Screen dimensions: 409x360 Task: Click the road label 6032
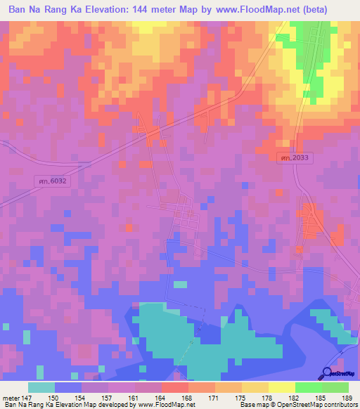coord(51,181)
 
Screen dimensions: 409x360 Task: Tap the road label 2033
coord(292,158)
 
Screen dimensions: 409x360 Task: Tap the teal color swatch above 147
coord(41,387)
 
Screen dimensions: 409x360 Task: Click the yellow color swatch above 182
coord(282,387)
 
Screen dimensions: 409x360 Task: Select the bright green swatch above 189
coord(335,387)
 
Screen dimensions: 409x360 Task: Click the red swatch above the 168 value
coord(175,387)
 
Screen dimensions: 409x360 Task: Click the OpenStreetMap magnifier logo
coord(326,372)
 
